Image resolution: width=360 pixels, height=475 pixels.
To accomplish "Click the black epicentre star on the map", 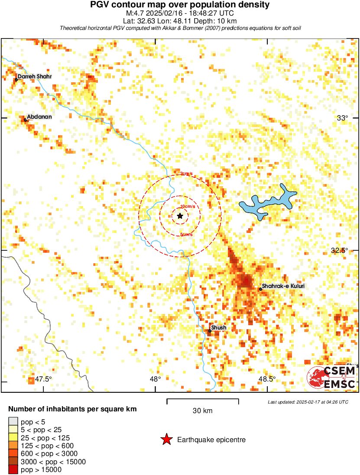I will (180, 216).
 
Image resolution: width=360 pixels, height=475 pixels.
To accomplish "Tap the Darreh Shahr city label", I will (35, 77).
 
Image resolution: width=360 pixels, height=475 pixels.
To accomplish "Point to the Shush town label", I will (218, 328).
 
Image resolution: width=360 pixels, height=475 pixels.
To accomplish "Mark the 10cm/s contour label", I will (187, 206).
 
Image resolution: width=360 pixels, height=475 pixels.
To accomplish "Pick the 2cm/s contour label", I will (187, 174).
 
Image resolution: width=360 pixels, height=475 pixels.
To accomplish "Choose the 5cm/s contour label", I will (186, 234).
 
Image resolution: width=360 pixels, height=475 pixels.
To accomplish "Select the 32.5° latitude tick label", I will (339, 251).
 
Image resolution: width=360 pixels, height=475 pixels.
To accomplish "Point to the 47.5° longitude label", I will (44, 379).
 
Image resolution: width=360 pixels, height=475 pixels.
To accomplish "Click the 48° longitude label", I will (156, 379).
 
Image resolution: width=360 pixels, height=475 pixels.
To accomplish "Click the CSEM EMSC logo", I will (331, 377).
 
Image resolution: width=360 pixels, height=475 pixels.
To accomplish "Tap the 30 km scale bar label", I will (202, 411).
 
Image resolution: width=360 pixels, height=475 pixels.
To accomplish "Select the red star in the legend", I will (166, 440).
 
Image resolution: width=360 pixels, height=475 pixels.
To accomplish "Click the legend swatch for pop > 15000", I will (13, 469).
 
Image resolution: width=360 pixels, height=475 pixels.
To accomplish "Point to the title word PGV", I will (101, 5).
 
